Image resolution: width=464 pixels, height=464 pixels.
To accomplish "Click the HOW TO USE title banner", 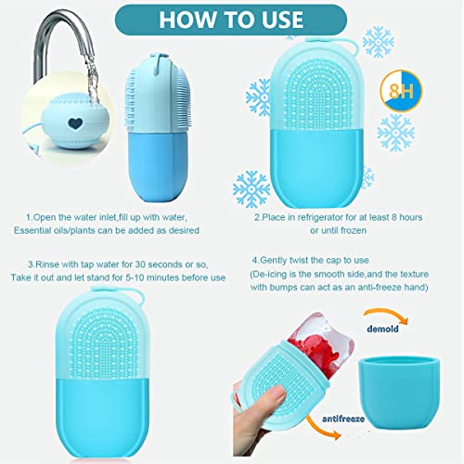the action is point(231,19).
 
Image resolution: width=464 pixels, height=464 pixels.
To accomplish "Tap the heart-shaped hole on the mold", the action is point(75,123).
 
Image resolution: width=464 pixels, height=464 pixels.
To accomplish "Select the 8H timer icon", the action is point(401,91).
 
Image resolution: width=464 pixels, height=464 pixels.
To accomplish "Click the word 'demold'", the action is point(382,329).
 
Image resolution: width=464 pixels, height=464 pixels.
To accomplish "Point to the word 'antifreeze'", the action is point(343,419).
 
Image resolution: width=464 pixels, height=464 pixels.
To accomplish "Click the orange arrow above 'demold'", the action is point(387,316).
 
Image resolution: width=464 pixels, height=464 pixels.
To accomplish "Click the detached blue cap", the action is point(399,392).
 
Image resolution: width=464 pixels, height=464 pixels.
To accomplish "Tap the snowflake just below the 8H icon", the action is point(396,133).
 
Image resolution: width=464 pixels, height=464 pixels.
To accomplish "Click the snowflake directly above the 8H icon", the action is point(378,43).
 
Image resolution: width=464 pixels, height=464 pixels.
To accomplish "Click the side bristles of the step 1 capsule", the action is point(131,99).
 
